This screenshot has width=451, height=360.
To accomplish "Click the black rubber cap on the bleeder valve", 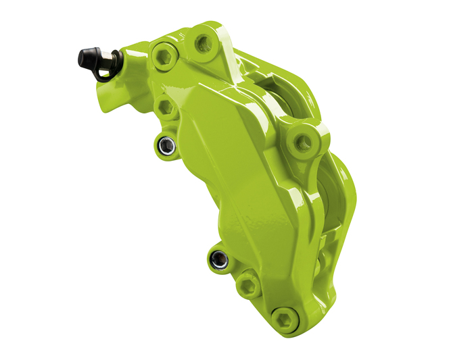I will (x=87, y=57).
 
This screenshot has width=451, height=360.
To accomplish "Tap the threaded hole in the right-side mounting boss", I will (x=302, y=142).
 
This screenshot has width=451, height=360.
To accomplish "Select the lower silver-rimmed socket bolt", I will (x=217, y=257).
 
